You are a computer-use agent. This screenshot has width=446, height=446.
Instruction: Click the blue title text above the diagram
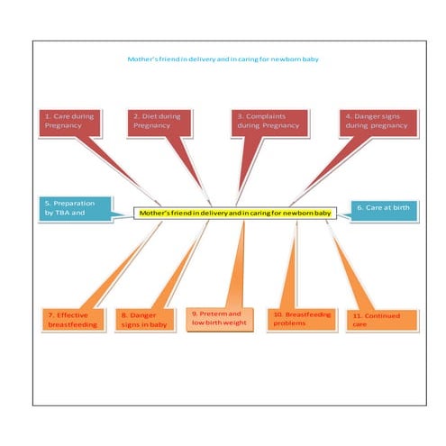point(223,59)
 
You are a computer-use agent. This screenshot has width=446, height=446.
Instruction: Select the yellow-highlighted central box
point(235,213)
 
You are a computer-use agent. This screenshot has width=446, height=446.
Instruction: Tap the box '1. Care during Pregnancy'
point(69,123)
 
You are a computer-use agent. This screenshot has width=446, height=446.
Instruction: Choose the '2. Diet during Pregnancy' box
point(159,123)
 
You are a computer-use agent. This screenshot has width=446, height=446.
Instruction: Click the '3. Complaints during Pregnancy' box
point(269,123)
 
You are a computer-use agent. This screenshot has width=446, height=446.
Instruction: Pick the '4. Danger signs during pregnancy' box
point(378,123)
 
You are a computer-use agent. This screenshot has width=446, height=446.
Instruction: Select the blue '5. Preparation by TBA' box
point(75,209)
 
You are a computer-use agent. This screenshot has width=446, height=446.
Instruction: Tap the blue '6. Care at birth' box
point(384,211)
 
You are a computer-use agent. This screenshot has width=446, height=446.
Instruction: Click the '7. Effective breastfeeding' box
point(73,320)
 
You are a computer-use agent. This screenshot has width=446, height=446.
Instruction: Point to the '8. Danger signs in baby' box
point(145,320)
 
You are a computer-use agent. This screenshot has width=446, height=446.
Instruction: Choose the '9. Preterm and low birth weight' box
point(220,319)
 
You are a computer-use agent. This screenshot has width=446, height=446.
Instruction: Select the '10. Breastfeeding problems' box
point(302,320)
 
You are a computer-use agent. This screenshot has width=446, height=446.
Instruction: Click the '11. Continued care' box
point(382,321)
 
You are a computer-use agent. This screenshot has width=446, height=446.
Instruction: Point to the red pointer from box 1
point(119,170)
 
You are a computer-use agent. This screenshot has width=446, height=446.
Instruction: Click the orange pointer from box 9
point(237,264)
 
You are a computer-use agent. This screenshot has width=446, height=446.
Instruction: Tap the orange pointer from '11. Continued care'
point(350,266)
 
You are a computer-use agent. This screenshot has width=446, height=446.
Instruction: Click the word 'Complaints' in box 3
point(266,116)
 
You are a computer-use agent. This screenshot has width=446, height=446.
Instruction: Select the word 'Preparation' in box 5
point(74,204)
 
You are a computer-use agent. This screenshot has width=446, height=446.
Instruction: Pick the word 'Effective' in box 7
point(72,315)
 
